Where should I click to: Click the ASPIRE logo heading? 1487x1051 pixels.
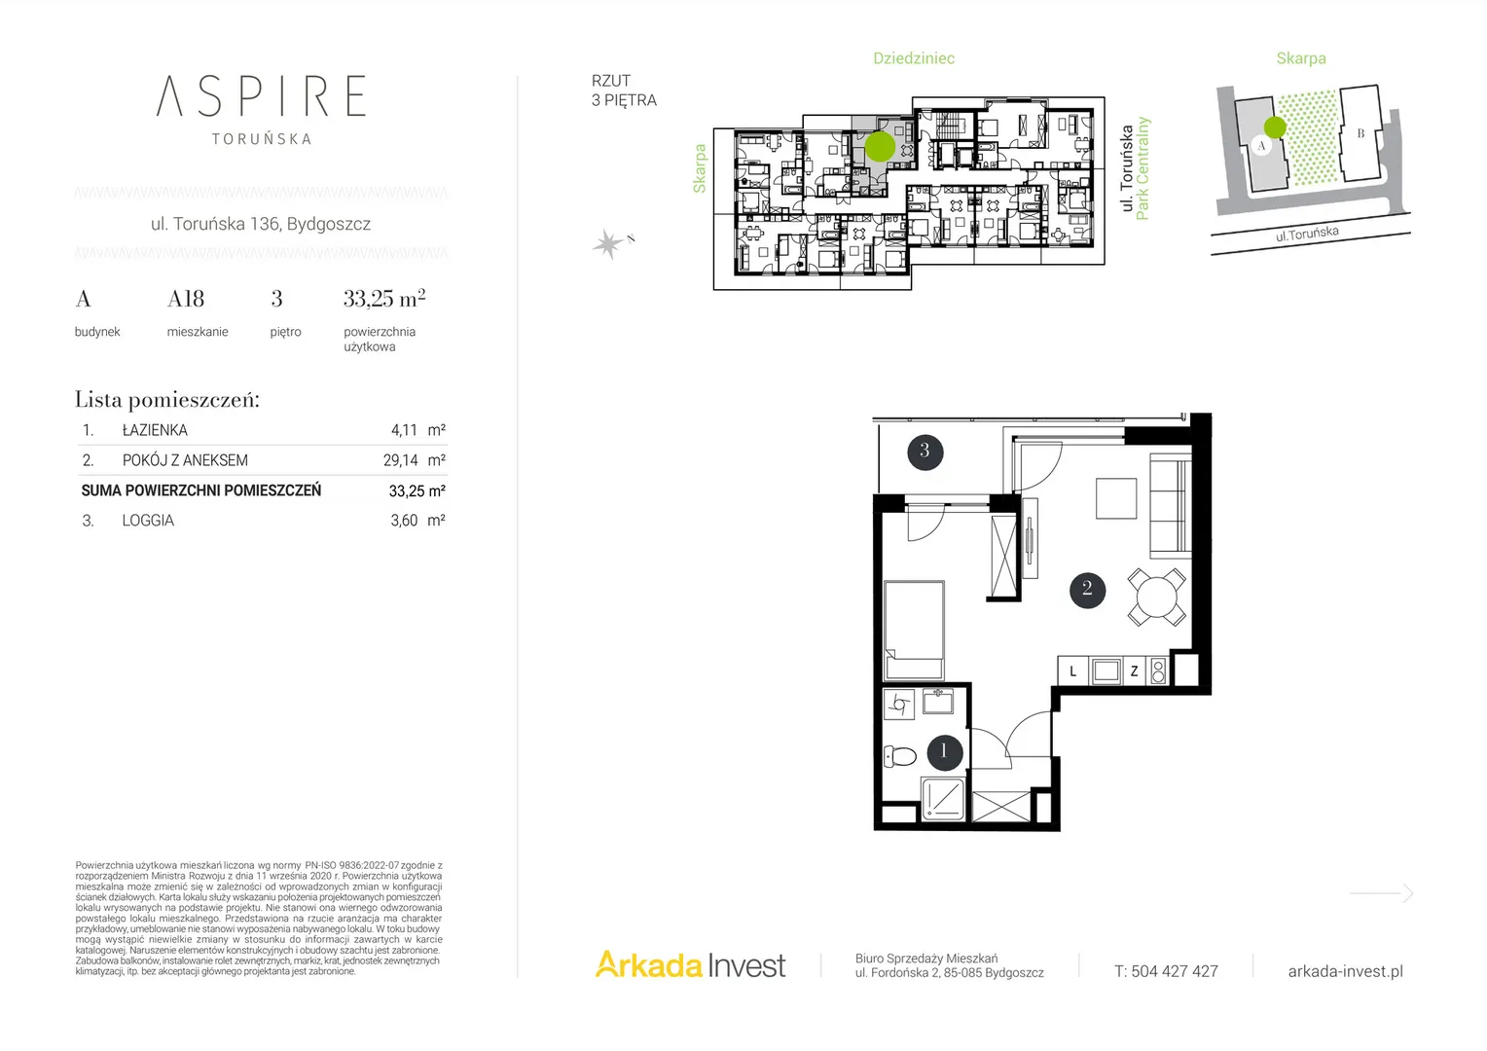(x=261, y=95)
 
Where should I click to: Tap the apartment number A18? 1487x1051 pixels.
(x=186, y=299)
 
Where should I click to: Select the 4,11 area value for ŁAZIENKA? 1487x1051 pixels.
(x=404, y=430)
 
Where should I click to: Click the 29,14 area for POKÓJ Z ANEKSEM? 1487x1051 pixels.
(x=400, y=460)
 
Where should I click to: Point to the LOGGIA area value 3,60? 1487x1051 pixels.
(x=404, y=521)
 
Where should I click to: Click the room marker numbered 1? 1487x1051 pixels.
(x=944, y=752)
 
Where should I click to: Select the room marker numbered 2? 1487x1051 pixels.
(x=1087, y=588)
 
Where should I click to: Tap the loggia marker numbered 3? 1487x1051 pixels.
(x=925, y=453)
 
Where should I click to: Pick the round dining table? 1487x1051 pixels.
(x=1156, y=597)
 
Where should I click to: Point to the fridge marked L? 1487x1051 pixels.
(x=1072, y=671)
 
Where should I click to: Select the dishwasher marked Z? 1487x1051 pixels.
(x=1135, y=671)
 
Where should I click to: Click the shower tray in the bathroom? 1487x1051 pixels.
(x=943, y=799)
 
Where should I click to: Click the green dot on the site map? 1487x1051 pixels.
(x=1275, y=127)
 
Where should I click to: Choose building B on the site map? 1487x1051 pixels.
(x=1360, y=132)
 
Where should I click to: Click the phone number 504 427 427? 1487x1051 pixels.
(x=1175, y=971)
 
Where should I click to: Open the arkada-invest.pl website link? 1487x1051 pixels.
(x=1346, y=971)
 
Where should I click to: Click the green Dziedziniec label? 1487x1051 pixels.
(x=914, y=58)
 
